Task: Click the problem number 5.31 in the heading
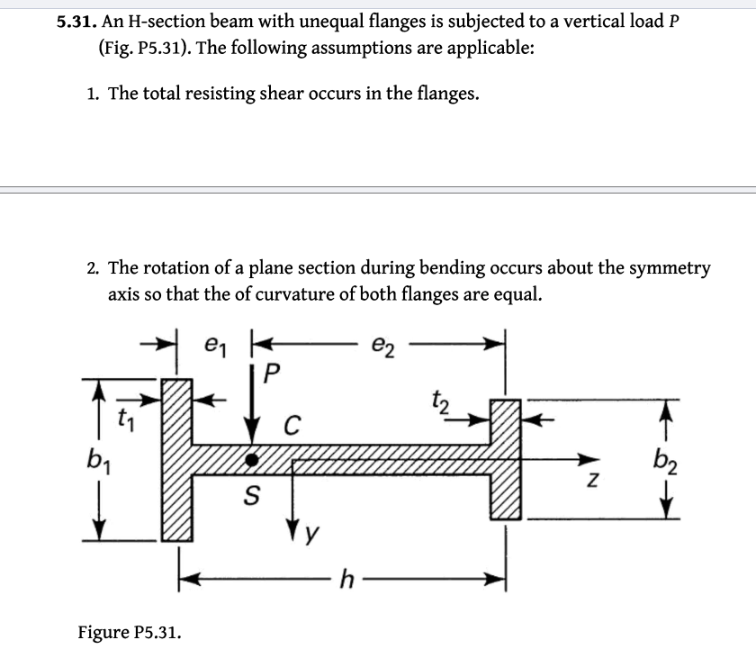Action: (76, 22)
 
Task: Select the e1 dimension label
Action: (213, 346)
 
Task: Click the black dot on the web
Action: (254, 459)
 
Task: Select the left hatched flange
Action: (177, 459)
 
